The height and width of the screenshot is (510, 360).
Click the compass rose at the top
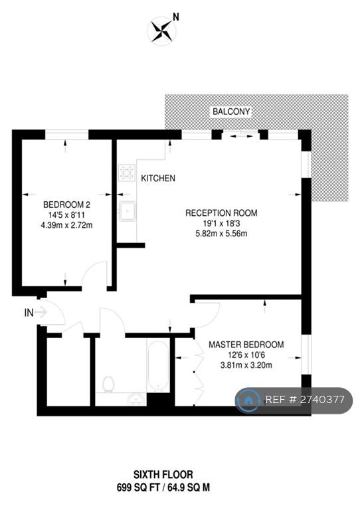click(x=161, y=31)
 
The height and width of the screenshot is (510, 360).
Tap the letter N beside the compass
click(x=176, y=17)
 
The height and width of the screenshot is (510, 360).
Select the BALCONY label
click(x=231, y=112)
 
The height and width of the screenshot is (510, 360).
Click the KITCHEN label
click(x=158, y=178)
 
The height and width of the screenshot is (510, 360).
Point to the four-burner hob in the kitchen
click(x=127, y=173)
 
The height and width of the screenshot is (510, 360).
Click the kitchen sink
click(x=127, y=211)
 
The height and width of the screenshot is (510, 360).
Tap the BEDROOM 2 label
click(x=66, y=205)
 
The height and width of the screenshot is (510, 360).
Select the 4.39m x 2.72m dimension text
click(x=66, y=225)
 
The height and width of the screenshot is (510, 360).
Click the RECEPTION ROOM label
click(x=221, y=213)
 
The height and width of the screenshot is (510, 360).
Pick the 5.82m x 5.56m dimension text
click(x=221, y=234)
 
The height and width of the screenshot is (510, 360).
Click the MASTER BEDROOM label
click(x=246, y=345)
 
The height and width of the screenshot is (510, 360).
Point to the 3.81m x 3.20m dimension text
click(x=246, y=365)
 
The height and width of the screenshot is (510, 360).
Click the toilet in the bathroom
click(x=108, y=384)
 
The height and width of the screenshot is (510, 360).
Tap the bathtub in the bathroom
click(x=158, y=366)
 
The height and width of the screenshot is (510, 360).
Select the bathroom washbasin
click(x=137, y=398)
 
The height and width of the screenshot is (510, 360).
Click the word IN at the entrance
click(x=29, y=313)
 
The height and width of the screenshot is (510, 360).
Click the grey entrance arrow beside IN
click(x=41, y=312)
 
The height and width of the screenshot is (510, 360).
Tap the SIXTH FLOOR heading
click(x=163, y=475)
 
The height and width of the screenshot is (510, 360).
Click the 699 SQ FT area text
click(x=139, y=487)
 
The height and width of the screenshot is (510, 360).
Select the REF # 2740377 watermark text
click(x=305, y=400)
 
